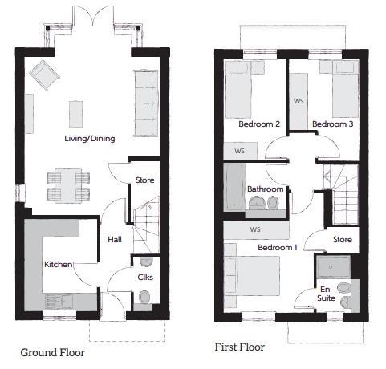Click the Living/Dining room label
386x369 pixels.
(x=90, y=139)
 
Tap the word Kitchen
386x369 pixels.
(x=59, y=265)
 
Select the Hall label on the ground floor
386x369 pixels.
(x=115, y=239)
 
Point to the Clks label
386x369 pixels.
(x=145, y=277)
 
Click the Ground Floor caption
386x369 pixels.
(x=53, y=352)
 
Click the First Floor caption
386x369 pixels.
(x=240, y=347)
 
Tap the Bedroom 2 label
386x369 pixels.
(x=259, y=124)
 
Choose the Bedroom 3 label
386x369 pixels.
(x=333, y=124)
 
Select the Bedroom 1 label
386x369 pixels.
(x=278, y=247)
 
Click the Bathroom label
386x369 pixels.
(x=266, y=189)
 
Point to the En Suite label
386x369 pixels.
(x=326, y=294)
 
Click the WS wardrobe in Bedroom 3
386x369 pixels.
(x=299, y=101)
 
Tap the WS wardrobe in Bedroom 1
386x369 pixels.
(x=256, y=229)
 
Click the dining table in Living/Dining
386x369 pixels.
(x=68, y=186)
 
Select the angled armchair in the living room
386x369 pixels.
(x=44, y=75)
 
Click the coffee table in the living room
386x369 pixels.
(x=75, y=114)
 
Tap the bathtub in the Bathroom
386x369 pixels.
(x=234, y=187)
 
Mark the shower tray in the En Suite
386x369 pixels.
(x=333, y=267)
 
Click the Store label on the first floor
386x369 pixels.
(x=343, y=239)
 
